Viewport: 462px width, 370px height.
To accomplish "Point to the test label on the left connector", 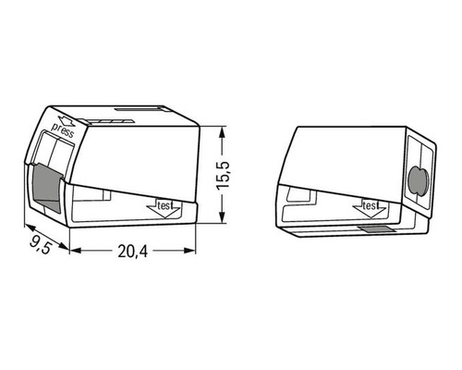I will pos(166,206).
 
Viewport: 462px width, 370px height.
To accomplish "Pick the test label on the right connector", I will pos(371,205).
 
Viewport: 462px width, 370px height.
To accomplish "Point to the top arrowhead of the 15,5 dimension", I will pos(222,133).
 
